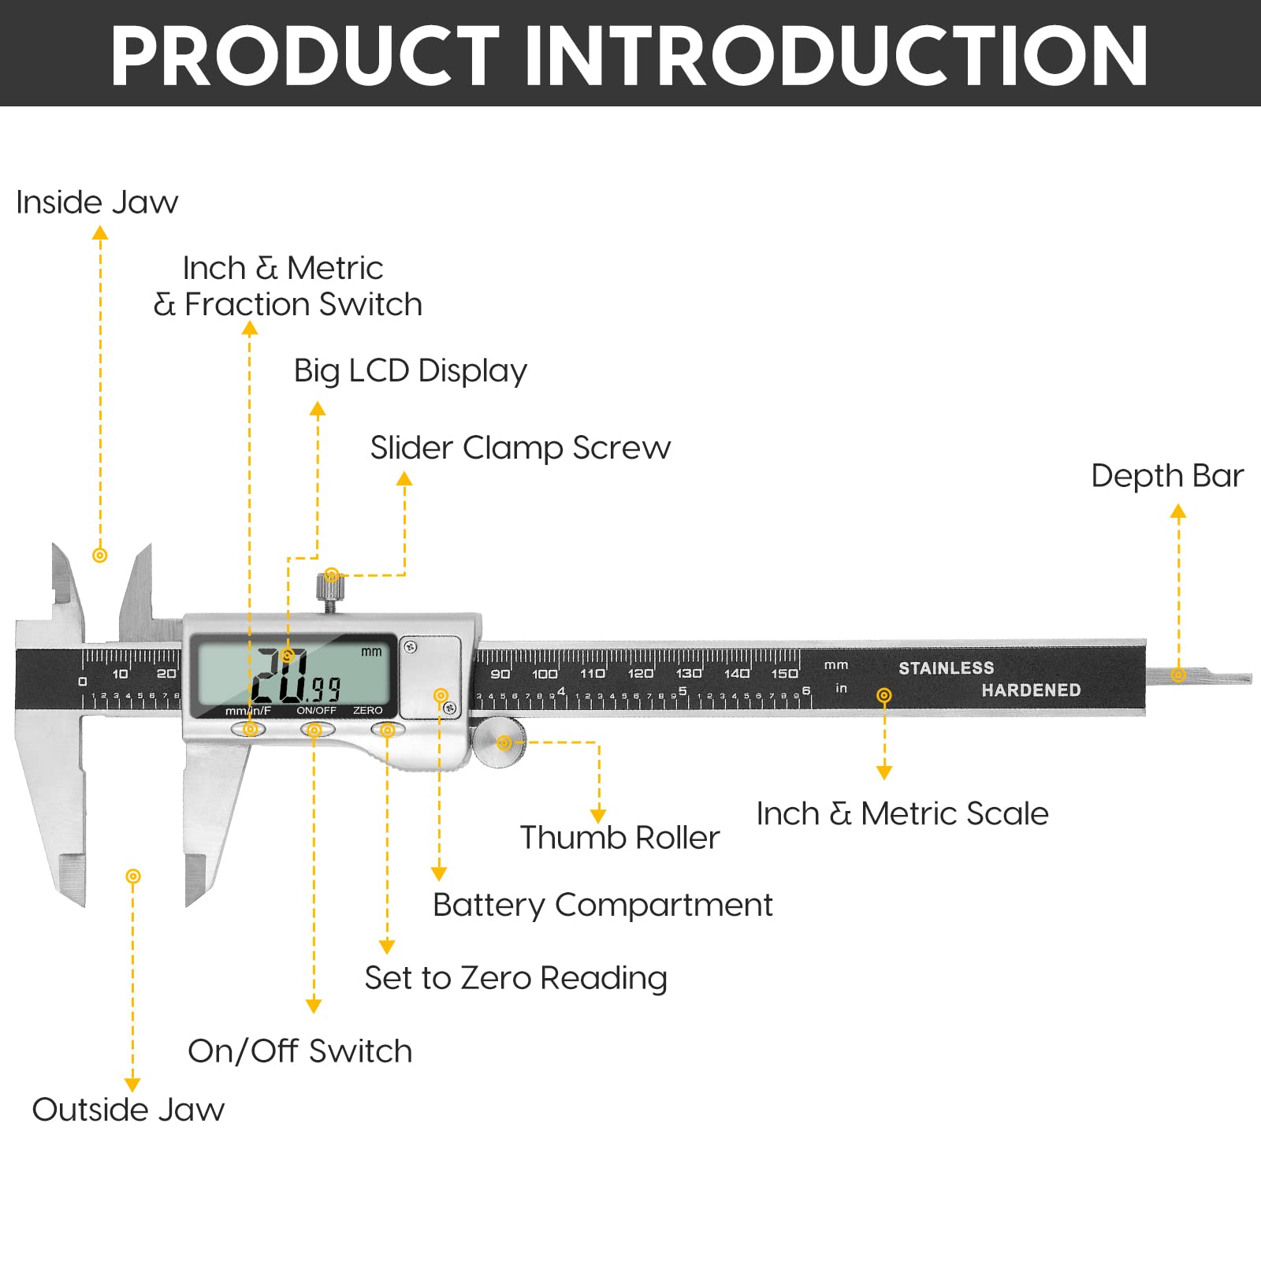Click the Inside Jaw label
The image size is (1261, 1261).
coord(97,203)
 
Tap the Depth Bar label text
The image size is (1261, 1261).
coord(1166,476)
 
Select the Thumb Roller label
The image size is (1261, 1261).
coord(619,838)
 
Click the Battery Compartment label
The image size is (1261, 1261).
coord(602,905)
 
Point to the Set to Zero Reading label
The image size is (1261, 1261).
coord(515,978)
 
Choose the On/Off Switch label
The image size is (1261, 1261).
coord(299,1051)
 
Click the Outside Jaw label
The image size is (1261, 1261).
coord(128,1110)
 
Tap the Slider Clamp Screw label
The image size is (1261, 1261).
coord(520,448)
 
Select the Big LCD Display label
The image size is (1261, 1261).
coord(410,370)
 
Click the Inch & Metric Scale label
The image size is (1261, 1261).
coord(902,813)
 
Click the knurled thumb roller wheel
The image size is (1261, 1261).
coord(500,742)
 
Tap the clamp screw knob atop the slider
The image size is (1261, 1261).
coord(331,586)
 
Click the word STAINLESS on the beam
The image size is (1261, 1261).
coord(946,668)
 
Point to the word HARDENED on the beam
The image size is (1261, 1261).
coord(1030,690)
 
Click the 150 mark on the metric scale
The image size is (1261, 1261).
coord(784,673)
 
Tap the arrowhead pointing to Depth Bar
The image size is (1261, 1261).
coord(1178,512)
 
